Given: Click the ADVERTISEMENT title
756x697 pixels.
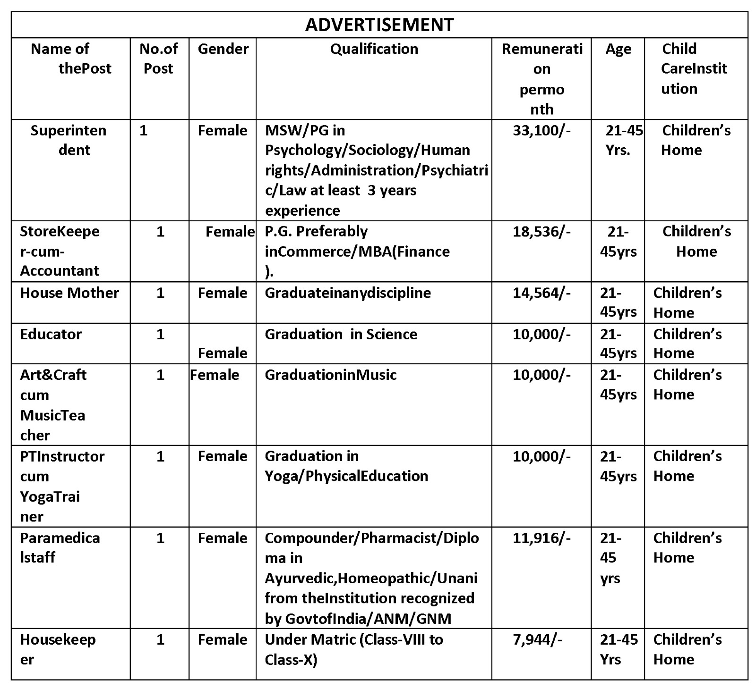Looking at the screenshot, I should (379, 25).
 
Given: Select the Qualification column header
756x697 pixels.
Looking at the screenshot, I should (374, 49).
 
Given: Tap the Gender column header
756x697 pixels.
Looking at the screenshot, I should (223, 49).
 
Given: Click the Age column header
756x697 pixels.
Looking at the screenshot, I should (618, 49).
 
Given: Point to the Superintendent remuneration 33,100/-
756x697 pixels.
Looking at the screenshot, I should (541, 130).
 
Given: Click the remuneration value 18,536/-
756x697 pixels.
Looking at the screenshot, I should (541, 231).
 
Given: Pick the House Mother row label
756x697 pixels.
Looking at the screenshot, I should (69, 293).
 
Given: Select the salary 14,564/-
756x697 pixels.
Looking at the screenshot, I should (541, 293).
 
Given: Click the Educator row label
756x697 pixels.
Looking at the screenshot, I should (51, 334).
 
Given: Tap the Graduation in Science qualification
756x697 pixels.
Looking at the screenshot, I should (341, 334).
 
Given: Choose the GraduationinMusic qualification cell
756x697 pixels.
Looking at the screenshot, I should (330, 375).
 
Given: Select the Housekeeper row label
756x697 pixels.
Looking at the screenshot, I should (58, 649).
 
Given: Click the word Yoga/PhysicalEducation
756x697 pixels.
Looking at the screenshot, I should (346, 476).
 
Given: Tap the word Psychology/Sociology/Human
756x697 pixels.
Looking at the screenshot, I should (367, 150).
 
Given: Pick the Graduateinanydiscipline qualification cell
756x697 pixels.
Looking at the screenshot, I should (347, 293).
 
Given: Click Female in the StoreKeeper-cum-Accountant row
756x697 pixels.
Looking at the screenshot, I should (230, 231).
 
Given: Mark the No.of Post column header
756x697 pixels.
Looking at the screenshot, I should (159, 59).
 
